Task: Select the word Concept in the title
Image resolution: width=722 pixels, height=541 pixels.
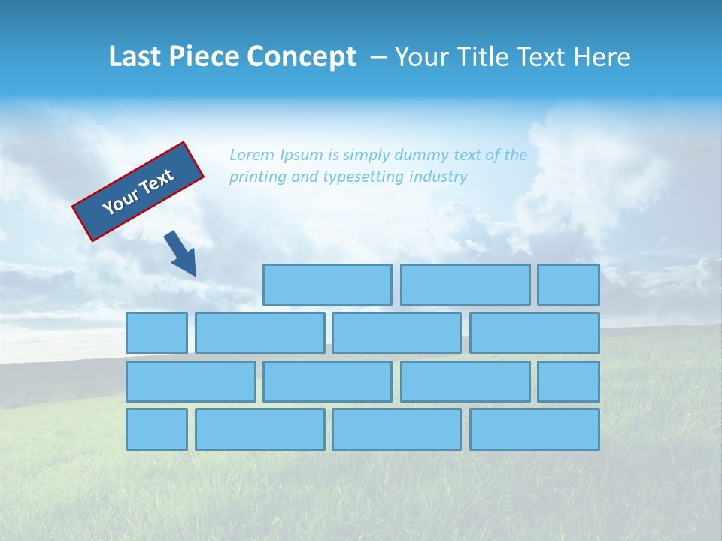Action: (x=301, y=57)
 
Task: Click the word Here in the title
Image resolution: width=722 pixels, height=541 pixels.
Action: (x=602, y=56)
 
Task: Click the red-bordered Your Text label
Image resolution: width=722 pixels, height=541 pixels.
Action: (x=138, y=192)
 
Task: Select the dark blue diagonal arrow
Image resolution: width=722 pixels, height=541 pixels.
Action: (x=180, y=253)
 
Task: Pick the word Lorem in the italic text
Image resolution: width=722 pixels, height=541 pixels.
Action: (x=252, y=155)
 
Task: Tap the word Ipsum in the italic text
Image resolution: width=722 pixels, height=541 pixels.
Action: (x=301, y=155)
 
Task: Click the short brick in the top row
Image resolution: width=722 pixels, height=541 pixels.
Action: (x=569, y=285)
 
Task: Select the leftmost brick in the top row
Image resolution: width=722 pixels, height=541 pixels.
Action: (x=327, y=285)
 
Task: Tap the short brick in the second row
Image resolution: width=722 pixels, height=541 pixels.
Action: (x=156, y=333)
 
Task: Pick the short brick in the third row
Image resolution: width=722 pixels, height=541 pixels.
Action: (x=569, y=382)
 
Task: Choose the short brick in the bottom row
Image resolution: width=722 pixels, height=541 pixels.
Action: (x=156, y=430)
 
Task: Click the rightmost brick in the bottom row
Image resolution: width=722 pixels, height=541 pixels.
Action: (x=535, y=430)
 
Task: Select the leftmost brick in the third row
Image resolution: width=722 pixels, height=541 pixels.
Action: (x=190, y=382)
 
